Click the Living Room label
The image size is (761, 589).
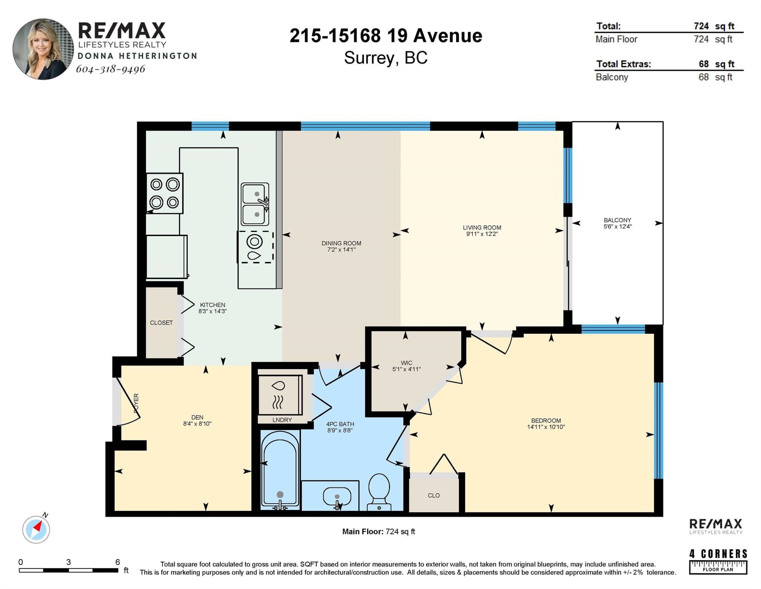482,228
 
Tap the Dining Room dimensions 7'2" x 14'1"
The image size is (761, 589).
339,250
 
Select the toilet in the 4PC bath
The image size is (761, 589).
379,492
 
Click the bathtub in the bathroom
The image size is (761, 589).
280,470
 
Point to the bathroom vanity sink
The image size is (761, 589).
337,498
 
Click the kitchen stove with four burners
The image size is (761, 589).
165,193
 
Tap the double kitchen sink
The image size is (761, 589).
255,204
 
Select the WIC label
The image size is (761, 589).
406,362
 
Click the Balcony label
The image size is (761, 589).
617,220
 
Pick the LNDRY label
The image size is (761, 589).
282,419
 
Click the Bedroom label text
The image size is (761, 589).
546,420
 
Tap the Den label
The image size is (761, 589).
197,417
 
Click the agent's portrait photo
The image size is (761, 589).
43,49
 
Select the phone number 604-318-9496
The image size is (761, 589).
111,69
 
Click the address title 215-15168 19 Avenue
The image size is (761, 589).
386,36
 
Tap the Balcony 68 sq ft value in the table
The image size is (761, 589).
715,77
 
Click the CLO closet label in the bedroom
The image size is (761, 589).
434,495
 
